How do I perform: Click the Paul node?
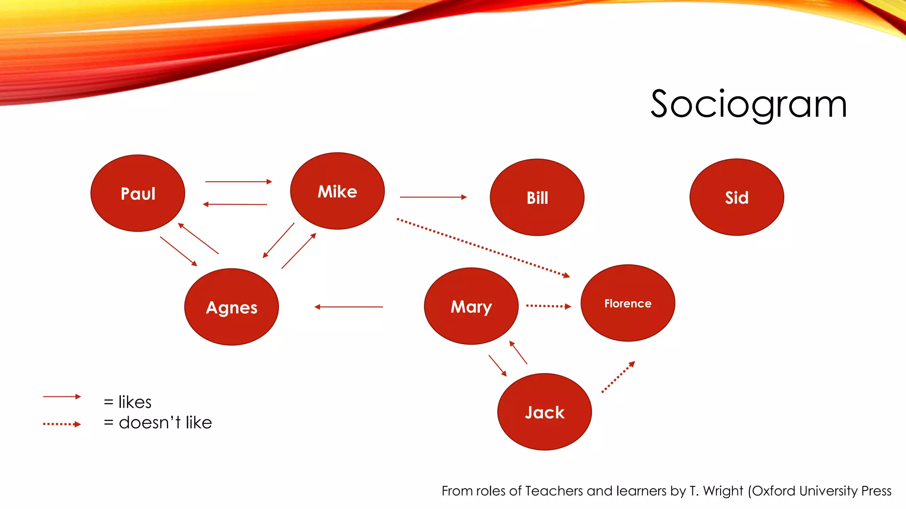tap(138, 193)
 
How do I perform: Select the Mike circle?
tap(337, 191)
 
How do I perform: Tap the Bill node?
tap(537, 197)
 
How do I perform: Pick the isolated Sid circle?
tap(737, 197)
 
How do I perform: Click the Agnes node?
tap(231, 307)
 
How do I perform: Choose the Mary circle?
tap(471, 306)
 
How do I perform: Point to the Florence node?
tap(628, 303)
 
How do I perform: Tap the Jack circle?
tap(545, 412)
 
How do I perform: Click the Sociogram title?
tap(749, 104)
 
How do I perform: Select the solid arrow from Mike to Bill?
tap(433, 197)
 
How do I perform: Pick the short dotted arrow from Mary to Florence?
tap(548, 306)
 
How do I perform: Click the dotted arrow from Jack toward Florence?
tap(618, 377)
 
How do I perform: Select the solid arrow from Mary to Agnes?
tap(349, 307)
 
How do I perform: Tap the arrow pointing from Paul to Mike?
tap(238, 182)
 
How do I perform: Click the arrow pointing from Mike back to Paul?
tap(235, 204)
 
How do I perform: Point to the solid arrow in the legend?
tap(61, 397)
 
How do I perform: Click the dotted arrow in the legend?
tap(61, 424)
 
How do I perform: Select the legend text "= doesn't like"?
tap(158, 423)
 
